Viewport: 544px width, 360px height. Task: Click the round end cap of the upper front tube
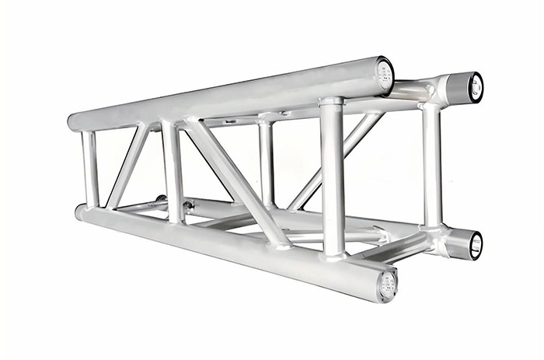click(x=384, y=74)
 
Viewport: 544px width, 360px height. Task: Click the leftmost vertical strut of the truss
click(x=90, y=169)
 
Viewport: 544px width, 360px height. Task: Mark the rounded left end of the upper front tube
click(x=73, y=122)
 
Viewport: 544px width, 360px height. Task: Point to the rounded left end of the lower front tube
click(x=80, y=211)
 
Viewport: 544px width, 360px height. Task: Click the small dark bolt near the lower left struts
click(x=187, y=207)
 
